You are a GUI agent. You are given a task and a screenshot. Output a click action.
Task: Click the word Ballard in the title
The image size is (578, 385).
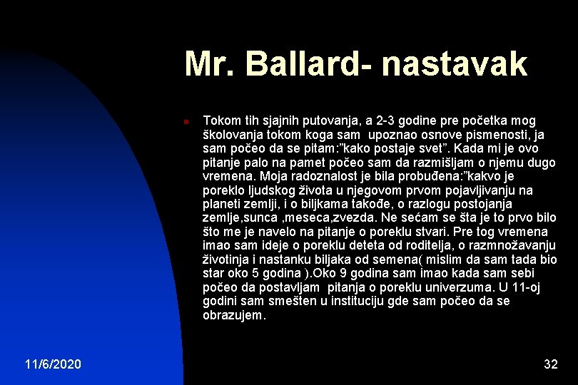tap(299, 63)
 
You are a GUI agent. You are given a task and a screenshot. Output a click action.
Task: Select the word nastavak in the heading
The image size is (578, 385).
tap(455, 63)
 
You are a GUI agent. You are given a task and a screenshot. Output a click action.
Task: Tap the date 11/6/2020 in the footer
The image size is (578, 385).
tap(53, 365)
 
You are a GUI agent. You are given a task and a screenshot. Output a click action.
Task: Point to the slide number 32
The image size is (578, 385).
tap(550, 365)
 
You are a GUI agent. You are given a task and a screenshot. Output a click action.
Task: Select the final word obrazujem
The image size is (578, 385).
tap(233, 315)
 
